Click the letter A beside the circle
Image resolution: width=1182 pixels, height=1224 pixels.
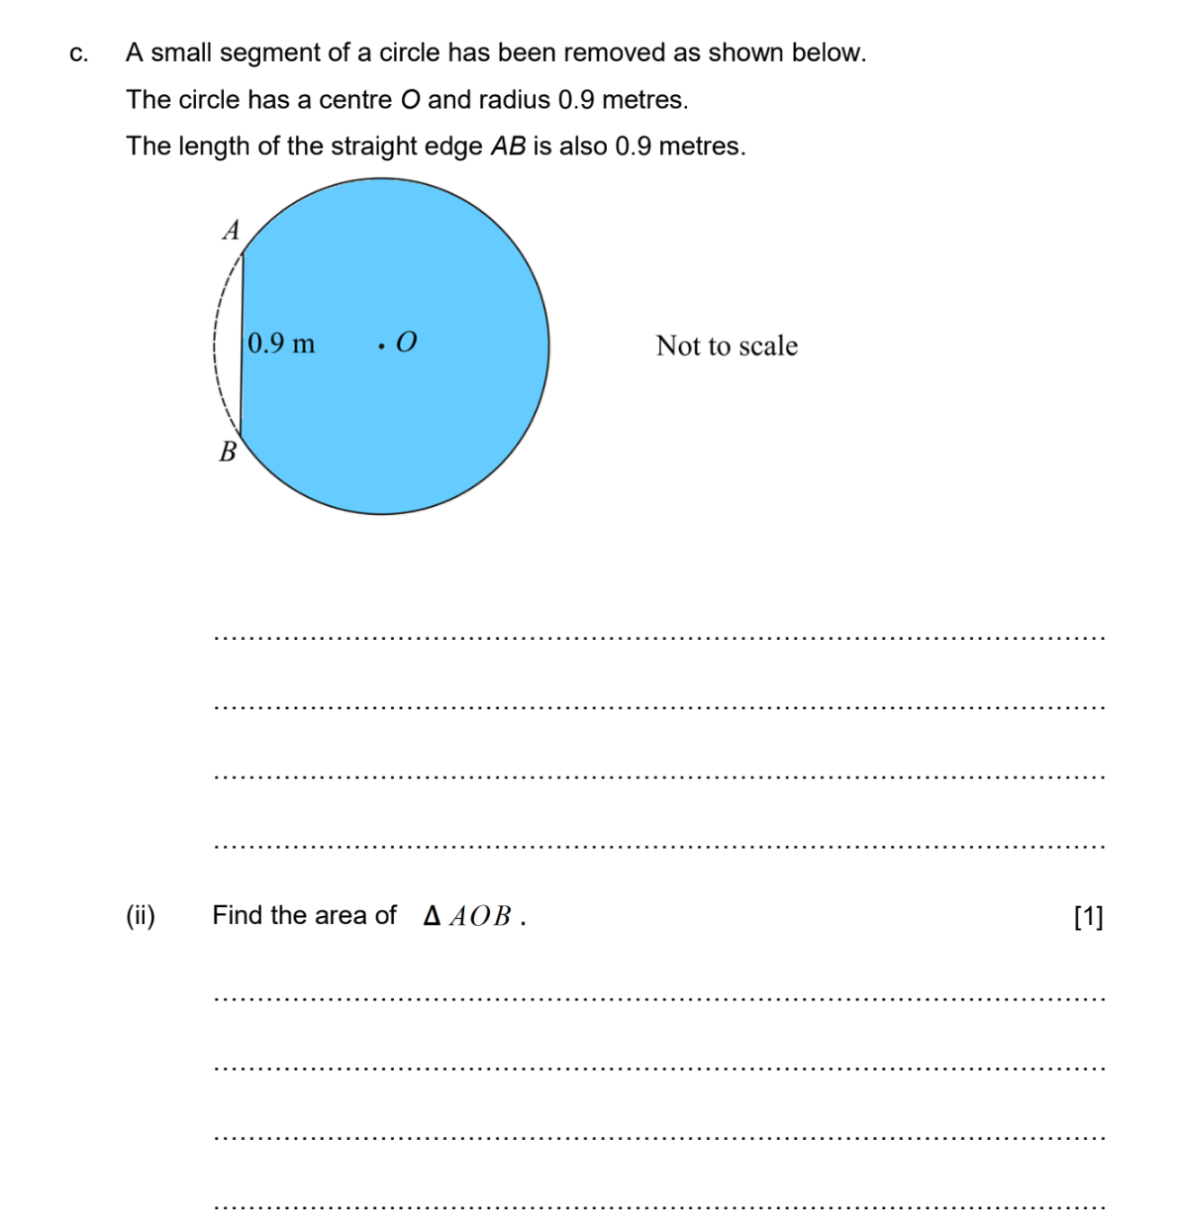pos(232,231)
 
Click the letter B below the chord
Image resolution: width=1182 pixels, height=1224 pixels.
pos(228,453)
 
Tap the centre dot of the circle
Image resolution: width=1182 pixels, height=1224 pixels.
pos(381,347)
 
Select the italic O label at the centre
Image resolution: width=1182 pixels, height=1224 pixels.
pos(406,343)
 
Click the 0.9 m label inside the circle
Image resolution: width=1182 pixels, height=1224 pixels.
pos(281,344)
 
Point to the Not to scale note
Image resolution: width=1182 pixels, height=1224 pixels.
pos(727,346)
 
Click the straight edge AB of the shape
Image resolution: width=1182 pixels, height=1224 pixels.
pos(243,347)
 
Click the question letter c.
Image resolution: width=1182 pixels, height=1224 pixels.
pos(78,53)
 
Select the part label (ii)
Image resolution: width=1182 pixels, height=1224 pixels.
pos(141,916)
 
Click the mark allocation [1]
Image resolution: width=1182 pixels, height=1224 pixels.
pos(1088,917)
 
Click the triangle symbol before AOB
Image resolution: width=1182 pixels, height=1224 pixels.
pos(432,916)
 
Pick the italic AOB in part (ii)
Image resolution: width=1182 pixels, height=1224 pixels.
pos(480,917)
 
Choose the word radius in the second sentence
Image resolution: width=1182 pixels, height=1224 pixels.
pos(514,100)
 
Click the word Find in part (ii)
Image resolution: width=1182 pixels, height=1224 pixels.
pos(238,915)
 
